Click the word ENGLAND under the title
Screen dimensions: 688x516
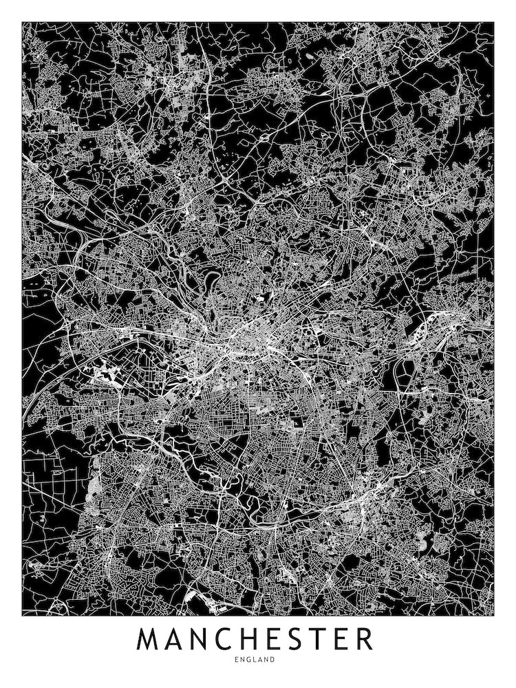257,659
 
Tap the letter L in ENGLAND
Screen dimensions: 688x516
257,659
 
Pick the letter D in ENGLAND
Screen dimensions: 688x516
273,659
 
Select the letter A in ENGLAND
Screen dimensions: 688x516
261,659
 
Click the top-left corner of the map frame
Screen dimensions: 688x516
22,22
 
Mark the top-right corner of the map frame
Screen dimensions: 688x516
493,22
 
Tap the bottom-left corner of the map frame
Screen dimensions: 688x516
22,614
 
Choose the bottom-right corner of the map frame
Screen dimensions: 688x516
493,614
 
